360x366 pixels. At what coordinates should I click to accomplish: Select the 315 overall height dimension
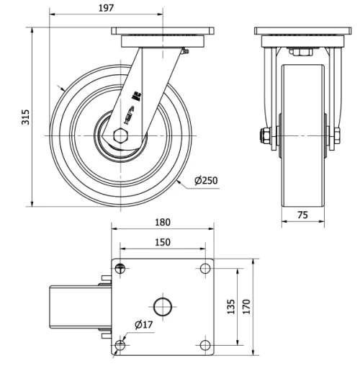tap(26, 117)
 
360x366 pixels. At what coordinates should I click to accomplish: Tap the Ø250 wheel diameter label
tap(205, 181)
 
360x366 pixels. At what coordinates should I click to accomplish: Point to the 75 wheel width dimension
tap(302, 214)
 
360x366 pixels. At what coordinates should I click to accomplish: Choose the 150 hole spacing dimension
tap(163, 242)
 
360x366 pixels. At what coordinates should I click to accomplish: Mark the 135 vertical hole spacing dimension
tap(231, 307)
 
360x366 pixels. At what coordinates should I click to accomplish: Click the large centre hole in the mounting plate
tap(163, 306)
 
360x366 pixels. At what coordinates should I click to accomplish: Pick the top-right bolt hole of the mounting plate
tap(204, 269)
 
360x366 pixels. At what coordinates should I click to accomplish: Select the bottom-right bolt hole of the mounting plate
tap(204, 344)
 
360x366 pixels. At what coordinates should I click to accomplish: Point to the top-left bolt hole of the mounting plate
tap(120, 269)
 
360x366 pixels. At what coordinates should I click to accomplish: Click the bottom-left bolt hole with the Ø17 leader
tap(120, 344)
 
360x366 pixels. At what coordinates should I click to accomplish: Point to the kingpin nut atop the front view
tap(299, 52)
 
